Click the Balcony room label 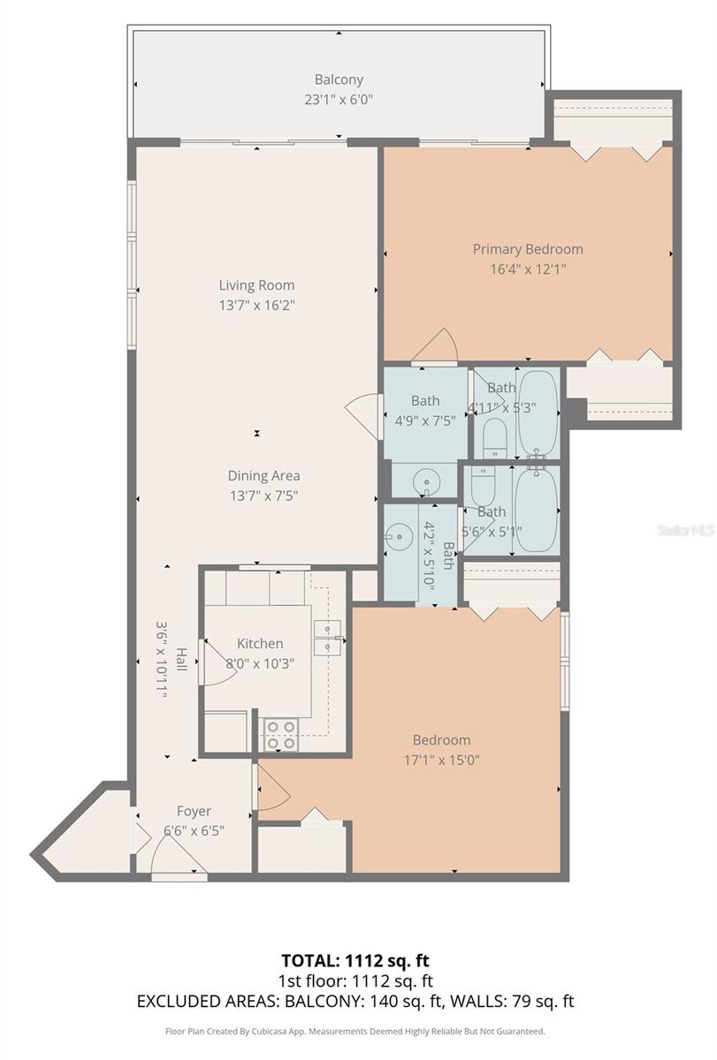tap(339, 79)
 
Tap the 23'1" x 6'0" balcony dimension tap(339, 100)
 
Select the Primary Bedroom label tap(527, 249)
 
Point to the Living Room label tap(256, 285)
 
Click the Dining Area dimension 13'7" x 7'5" tap(263, 496)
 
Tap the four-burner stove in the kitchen tap(280, 735)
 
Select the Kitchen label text tap(260, 644)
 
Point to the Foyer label tap(194, 811)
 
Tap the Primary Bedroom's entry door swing tap(437, 346)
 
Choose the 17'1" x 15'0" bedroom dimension tap(441, 760)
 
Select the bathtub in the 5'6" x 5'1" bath tap(535, 510)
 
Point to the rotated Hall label tap(181, 659)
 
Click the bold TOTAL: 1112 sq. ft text tap(357, 960)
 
